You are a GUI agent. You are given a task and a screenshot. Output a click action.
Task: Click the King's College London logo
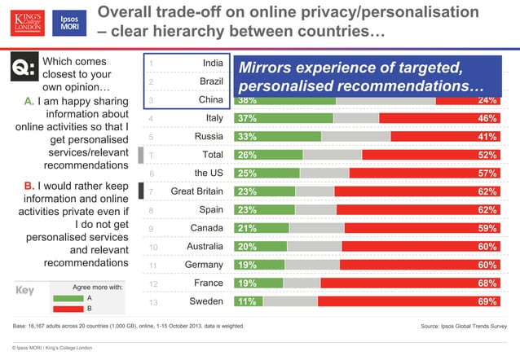pos(24,24)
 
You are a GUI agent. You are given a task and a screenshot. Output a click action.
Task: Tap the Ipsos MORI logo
pos(68,24)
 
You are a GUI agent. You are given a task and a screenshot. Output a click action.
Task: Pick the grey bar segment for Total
pos(332,155)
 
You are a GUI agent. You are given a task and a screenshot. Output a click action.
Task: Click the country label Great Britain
pos(197,191)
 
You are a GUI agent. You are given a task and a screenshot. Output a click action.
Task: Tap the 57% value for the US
pos(487,173)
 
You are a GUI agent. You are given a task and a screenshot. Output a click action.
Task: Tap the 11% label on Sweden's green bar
pos(245,301)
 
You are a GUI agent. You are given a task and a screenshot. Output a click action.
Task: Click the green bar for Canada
pos(261,227)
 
